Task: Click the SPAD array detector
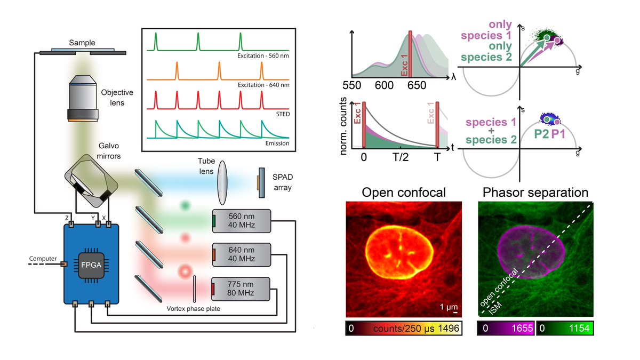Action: [261, 182]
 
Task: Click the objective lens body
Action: [83, 96]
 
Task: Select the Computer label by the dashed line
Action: [42, 259]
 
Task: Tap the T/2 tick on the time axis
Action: [400, 158]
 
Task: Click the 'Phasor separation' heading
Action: [535, 192]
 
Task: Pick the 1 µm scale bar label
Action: [447, 307]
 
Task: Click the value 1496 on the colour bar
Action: [449, 329]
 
